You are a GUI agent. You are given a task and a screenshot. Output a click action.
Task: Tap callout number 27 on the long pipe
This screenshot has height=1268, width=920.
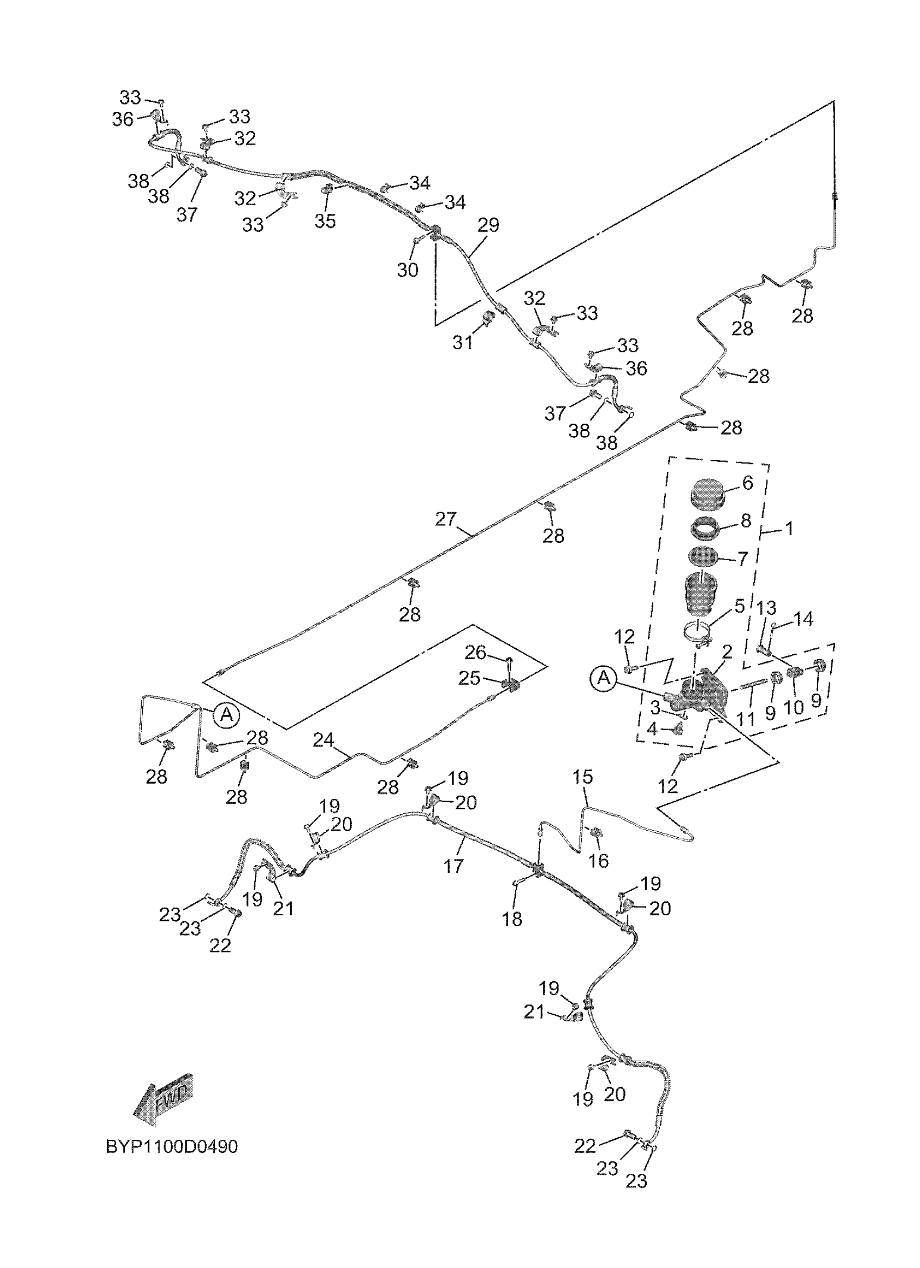[446, 520]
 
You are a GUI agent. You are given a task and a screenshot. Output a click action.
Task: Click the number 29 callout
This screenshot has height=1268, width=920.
[489, 225]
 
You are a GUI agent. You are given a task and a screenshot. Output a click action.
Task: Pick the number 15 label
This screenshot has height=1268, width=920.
[582, 777]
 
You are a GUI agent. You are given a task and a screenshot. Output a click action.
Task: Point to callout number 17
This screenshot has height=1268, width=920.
[454, 866]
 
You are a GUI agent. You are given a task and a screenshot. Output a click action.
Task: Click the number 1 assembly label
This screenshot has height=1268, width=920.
[789, 528]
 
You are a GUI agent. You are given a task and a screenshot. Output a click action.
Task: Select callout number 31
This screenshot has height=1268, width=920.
[463, 342]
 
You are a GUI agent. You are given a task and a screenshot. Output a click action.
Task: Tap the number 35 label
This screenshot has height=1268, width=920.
[325, 221]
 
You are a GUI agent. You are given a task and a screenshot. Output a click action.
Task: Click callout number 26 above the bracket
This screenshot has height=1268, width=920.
[476, 652]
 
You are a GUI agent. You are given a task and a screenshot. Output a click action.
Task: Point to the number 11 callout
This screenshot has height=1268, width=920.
[747, 718]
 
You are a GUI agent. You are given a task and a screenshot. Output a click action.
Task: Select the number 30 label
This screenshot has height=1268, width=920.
[408, 270]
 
